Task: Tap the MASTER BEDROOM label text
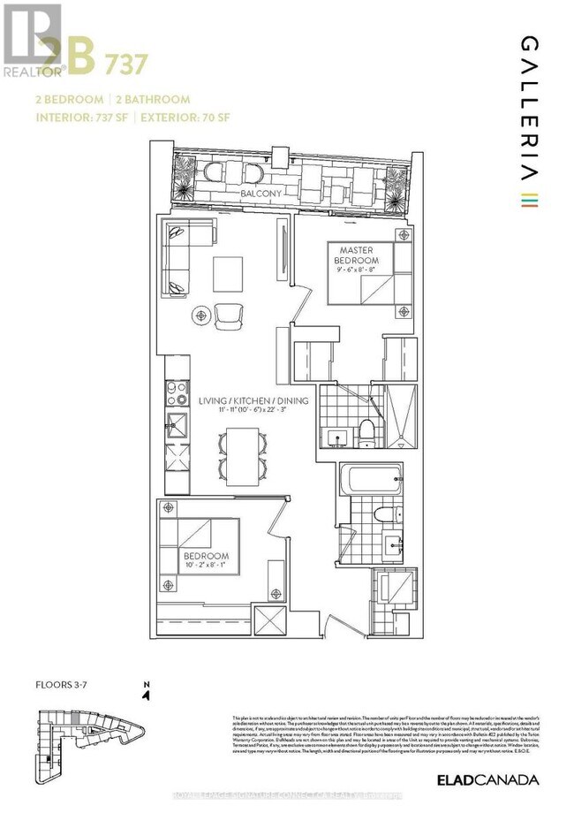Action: [356, 256]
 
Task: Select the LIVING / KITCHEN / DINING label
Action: [253, 400]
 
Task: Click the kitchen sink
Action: [175, 422]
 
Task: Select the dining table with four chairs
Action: [240, 454]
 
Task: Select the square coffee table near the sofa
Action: [229, 270]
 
